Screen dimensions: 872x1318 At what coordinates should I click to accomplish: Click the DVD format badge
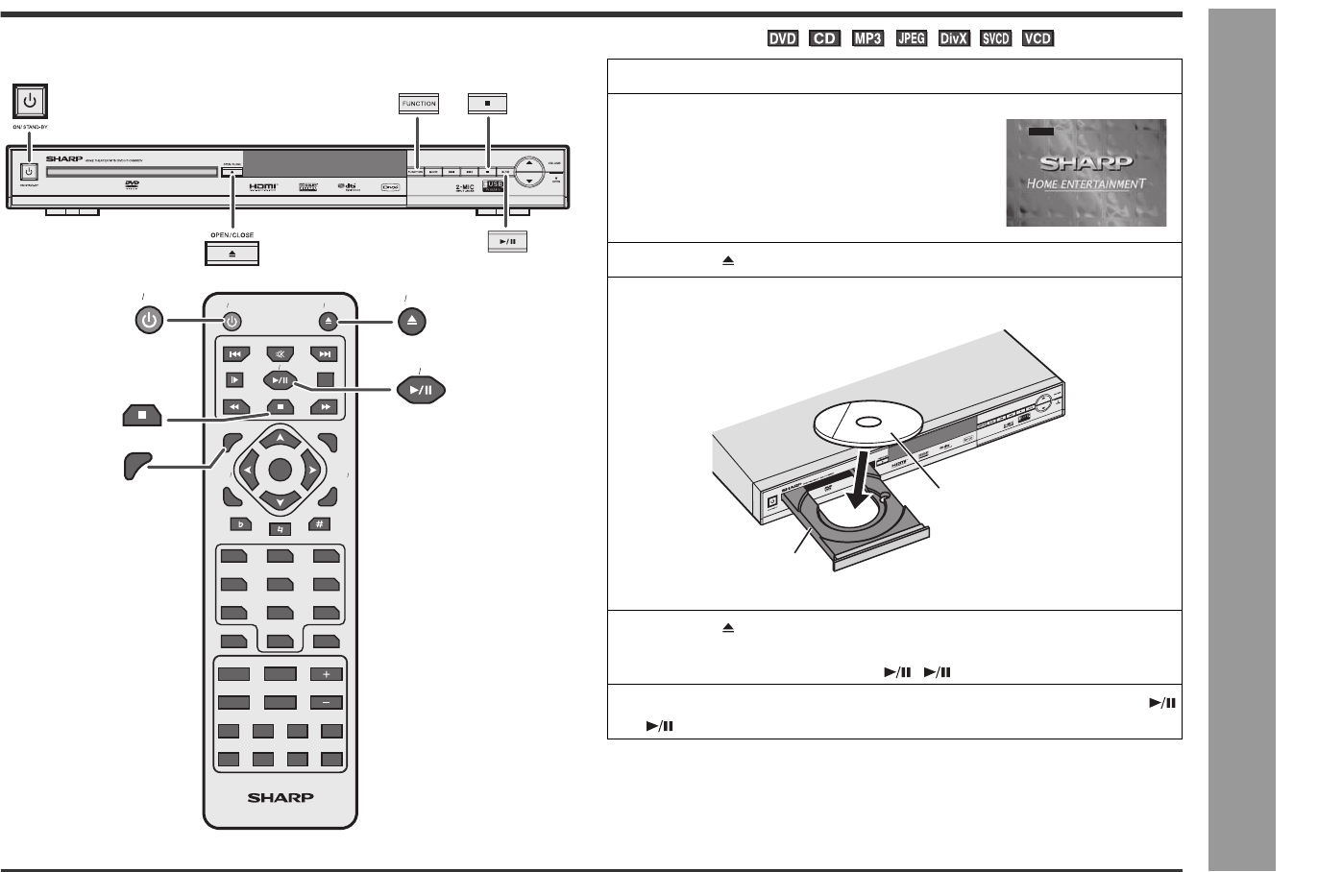click(783, 38)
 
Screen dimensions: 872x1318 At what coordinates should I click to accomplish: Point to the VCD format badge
click(1037, 38)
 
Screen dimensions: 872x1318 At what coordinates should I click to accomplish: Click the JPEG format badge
click(909, 38)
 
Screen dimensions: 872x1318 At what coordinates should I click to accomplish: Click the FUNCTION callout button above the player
click(418, 104)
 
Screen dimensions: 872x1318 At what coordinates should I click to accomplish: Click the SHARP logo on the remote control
click(281, 796)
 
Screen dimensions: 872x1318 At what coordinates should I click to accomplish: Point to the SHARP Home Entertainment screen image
click(1086, 173)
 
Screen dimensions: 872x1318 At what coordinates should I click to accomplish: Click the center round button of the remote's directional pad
click(280, 470)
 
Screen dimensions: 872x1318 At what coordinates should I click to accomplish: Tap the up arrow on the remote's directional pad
click(280, 438)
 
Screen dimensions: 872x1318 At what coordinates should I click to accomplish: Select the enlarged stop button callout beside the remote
click(141, 416)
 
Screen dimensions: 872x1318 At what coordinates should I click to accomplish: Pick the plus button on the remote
click(326, 674)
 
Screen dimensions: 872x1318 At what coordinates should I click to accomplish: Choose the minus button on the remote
click(326, 701)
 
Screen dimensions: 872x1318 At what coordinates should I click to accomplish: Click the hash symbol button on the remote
click(320, 524)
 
